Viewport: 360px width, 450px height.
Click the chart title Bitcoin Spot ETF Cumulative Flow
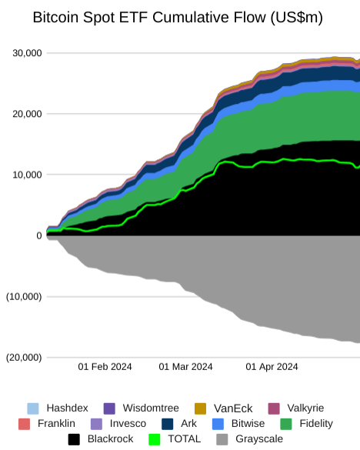tap(151, 18)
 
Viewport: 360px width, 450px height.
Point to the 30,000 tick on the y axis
tap(27, 53)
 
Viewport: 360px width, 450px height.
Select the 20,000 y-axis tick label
tap(27, 114)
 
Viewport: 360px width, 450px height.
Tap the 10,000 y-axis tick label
tap(27, 175)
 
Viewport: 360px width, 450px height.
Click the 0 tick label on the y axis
tap(39, 235)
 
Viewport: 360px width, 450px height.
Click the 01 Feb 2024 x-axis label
tap(105, 367)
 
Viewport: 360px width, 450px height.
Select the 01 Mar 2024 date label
tap(185, 367)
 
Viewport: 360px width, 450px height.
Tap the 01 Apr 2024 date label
tap(272, 367)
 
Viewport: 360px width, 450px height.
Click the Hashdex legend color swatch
tap(33, 408)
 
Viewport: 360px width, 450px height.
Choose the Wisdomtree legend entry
tap(142, 408)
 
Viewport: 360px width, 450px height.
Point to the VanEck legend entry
tap(224, 408)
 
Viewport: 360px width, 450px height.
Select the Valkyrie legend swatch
tap(274, 408)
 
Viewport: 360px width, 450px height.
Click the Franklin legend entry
tap(47, 424)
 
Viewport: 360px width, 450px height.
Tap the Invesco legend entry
tap(118, 424)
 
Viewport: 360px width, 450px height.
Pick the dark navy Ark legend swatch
tap(168, 424)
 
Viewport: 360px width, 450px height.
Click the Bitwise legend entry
tap(238, 424)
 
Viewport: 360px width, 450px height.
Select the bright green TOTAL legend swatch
tap(155, 439)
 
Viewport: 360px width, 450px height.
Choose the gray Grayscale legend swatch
tap(222, 439)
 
